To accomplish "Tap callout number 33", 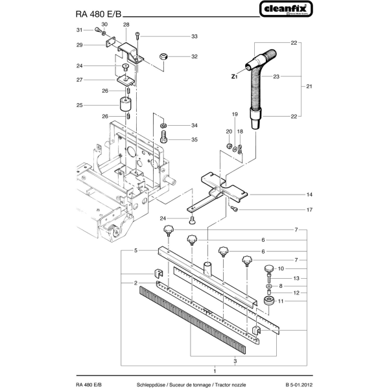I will (194, 36).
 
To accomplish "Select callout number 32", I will (194, 57).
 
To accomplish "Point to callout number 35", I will (194, 139).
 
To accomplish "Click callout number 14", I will (310, 194).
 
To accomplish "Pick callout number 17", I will (310, 209).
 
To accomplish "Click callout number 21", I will (310, 86).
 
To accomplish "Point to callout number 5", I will (136, 250).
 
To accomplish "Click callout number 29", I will (79, 45).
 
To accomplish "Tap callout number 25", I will (79, 105).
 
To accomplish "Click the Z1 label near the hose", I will (235, 77).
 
